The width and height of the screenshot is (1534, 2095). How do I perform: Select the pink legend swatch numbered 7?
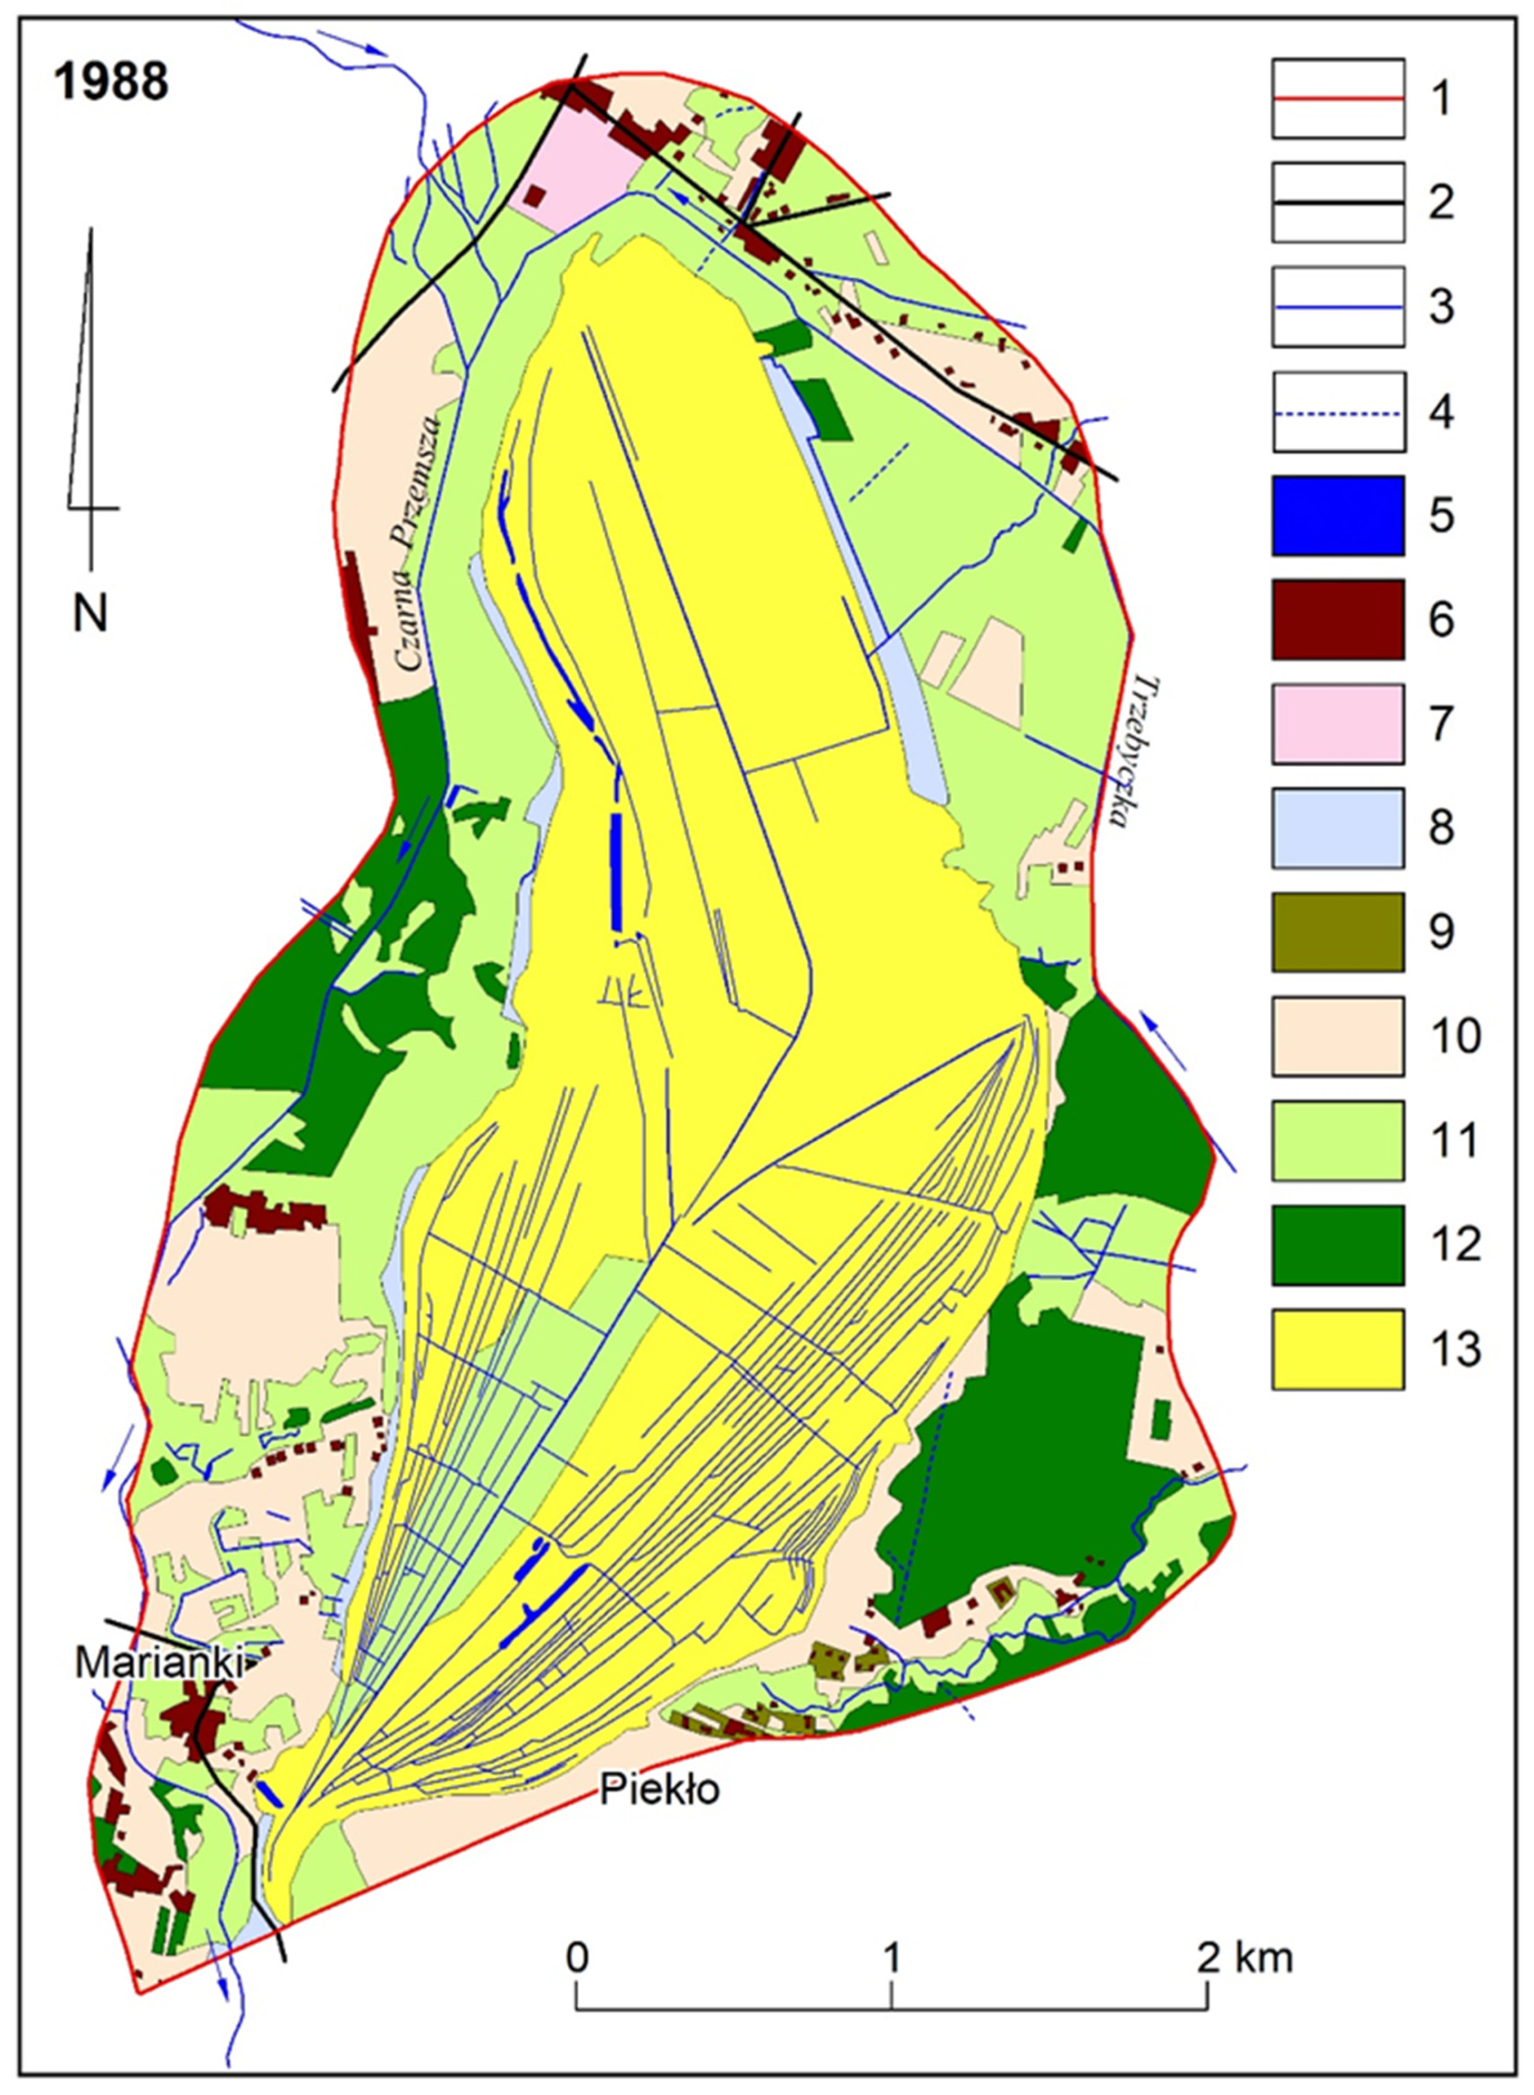1337,724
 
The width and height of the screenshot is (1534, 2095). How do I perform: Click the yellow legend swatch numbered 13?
1337,1349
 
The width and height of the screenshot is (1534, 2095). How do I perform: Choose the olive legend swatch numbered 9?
1337,932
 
